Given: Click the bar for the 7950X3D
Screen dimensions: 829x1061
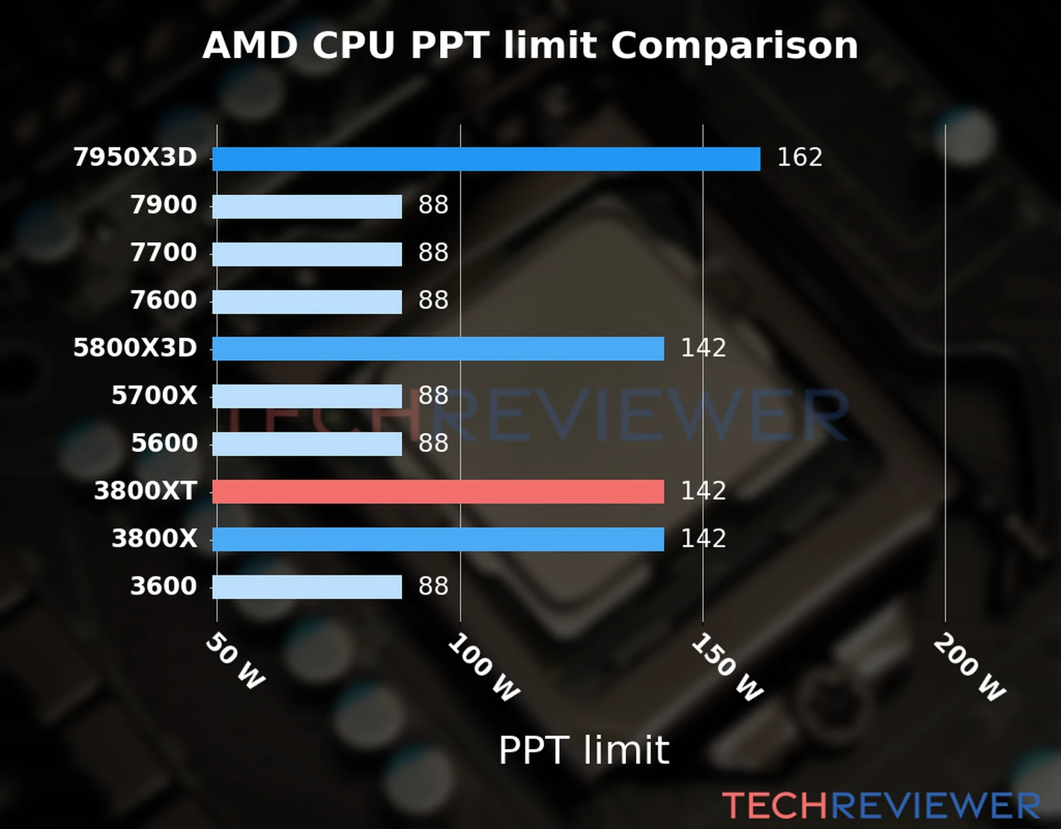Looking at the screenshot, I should [x=486, y=159].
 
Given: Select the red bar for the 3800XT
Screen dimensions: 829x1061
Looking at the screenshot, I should [x=438, y=492].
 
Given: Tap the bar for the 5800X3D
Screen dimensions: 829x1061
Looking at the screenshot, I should [x=438, y=349].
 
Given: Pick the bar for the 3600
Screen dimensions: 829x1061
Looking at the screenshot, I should [x=307, y=587].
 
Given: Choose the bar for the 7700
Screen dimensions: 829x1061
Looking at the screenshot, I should [x=307, y=254].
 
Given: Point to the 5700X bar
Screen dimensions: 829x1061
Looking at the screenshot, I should [x=307, y=397].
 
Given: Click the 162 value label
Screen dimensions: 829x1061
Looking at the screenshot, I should [x=799, y=158].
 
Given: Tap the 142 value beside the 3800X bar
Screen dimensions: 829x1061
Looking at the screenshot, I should [x=703, y=539].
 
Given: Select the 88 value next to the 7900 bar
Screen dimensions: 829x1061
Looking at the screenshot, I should [x=433, y=205].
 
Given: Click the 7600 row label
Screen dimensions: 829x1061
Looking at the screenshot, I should [x=164, y=301].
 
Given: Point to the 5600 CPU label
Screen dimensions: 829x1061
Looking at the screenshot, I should [x=164, y=444].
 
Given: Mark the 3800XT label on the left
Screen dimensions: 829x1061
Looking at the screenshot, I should [x=145, y=491].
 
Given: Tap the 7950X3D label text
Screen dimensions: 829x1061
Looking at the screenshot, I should [x=135, y=158].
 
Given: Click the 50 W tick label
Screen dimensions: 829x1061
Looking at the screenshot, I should [x=235, y=661].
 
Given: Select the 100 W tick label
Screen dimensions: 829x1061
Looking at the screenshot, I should [x=483, y=668].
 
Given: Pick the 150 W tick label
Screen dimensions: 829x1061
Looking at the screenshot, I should [x=727, y=668].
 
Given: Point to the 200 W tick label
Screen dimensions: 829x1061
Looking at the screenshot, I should [x=969, y=668].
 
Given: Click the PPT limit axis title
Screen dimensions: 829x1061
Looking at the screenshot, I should [x=584, y=750].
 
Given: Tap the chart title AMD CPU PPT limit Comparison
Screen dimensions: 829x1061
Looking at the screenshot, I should [x=530, y=46].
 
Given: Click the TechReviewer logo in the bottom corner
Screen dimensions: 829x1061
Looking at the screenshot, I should [x=881, y=806].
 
